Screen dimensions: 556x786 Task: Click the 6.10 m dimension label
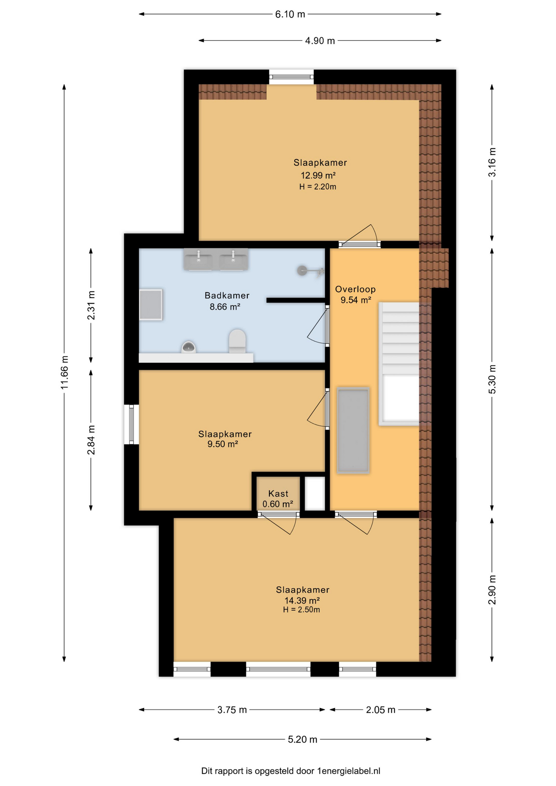pyautogui.click(x=290, y=14)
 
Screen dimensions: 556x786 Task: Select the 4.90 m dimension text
pyautogui.click(x=320, y=41)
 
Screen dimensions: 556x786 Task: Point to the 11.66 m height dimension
pyautogui.click(x=64, y=373)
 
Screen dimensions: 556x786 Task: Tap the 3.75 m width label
pyautogui.click(x=232, y=709)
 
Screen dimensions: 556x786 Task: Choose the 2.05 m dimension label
pyautogui.click(x=380, y=709)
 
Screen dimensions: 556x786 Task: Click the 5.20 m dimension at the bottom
pyautogui.click(x=303, y=739)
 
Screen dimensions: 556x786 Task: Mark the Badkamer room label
pyautogui.click(x=227, y=295)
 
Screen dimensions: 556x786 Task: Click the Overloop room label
pyautogui.click(x=355, y=289)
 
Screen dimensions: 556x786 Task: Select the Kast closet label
pyautogui.click(x=278, y=494)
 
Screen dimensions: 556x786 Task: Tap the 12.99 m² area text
pyautogui.click(x=318, y=175)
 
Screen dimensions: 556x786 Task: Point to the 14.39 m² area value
pyautogui.click(x=302, y=600)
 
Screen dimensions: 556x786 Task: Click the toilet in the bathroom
pyautogui.click(x=237, y=341)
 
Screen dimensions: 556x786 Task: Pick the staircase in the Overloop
pyautogui.click(x=400, y=364)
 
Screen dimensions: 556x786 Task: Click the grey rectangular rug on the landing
pyautogui.click(x=353, y=430)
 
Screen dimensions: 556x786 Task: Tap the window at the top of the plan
pyautogui.click(x=291, y=77)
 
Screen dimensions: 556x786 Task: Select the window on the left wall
pyautogui.click(x=131, y=424)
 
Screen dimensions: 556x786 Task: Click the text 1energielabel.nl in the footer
pyautogui.click(x=348, y=771)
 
